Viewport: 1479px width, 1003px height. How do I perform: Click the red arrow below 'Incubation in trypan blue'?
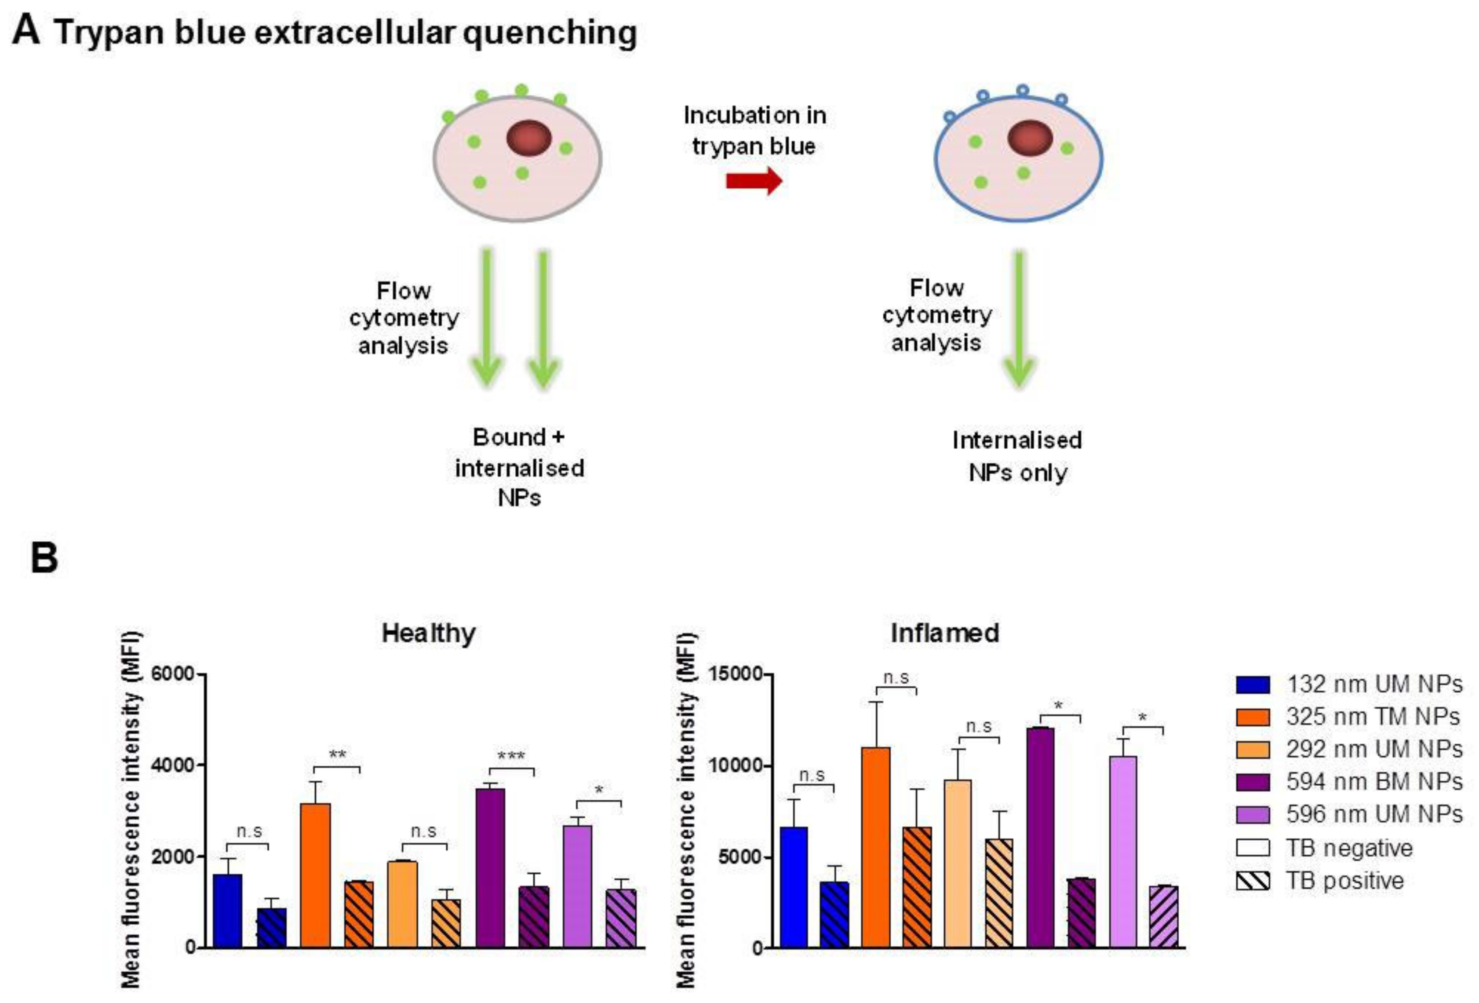754,181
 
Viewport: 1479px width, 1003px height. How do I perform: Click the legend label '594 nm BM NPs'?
1374,781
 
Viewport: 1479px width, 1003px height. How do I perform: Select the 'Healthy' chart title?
428,633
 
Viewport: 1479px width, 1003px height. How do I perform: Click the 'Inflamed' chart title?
944,633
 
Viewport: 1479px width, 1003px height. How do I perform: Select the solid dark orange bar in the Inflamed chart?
876,847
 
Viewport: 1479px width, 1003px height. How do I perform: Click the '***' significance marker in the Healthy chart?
511,756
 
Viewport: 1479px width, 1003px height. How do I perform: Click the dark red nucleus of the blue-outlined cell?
1030,138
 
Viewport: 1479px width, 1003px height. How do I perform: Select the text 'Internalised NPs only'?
1017,456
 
